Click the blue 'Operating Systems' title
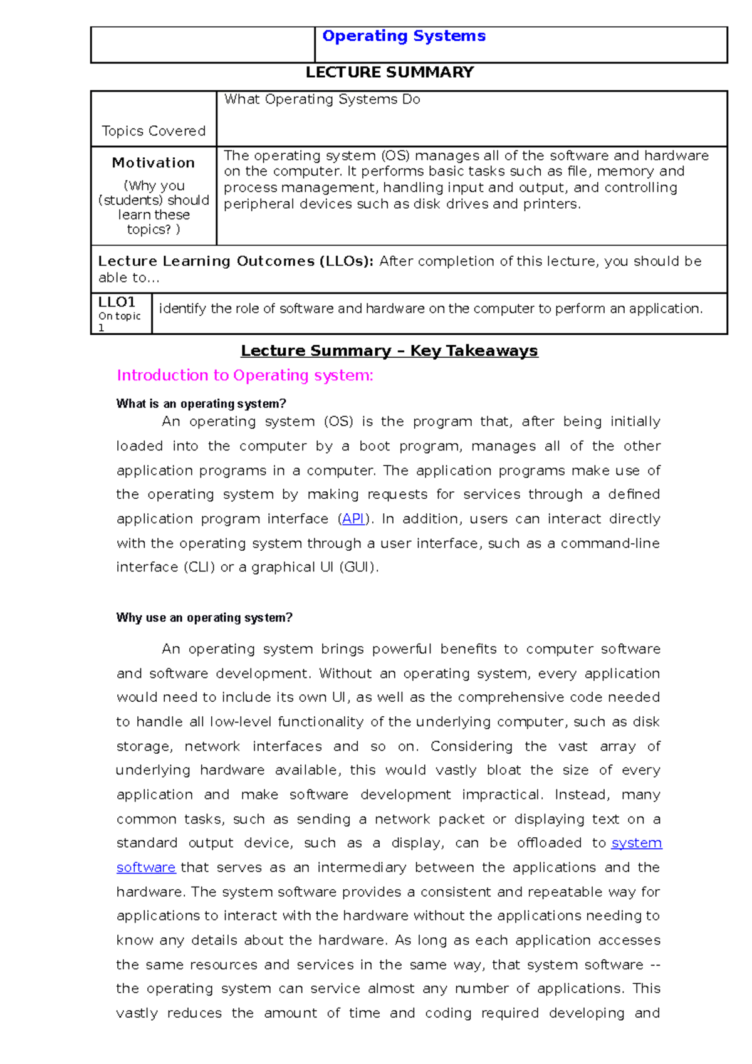point(404,36)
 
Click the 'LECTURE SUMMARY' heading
point(389,73)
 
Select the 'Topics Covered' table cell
point(154,131)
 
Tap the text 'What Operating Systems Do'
point(322,100)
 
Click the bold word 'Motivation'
point(154,163)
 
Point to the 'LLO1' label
point(117,302)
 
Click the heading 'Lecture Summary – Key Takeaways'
point(389,351)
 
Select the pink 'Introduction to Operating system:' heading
point(245,375)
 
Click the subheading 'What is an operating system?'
point(201,404)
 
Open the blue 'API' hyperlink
point(353,519)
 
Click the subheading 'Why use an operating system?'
point(204,618)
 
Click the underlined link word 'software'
point(146,868)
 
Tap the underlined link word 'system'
point(636,843)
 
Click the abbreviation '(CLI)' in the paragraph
point(199,568)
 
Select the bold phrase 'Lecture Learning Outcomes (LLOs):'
point(236,261)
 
